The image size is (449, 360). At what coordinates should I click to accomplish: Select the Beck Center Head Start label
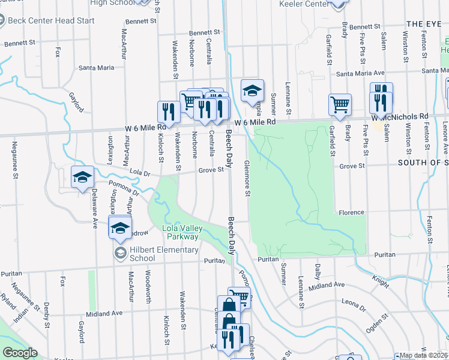coord(51,20)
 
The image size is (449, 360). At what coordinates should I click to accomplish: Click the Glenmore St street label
coord(247,178)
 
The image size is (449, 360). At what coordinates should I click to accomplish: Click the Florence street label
coord(351,212)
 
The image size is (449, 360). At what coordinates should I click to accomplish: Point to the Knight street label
coord(380,280)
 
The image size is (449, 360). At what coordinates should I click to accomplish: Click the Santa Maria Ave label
coord(360,74)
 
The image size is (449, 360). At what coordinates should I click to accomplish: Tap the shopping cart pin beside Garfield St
coord(340,104)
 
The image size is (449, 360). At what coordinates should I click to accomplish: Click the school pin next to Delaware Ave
coord(82,176)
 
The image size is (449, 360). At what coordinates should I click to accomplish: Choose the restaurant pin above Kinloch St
coord(169,111)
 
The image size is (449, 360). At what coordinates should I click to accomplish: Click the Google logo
coord(20,353)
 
